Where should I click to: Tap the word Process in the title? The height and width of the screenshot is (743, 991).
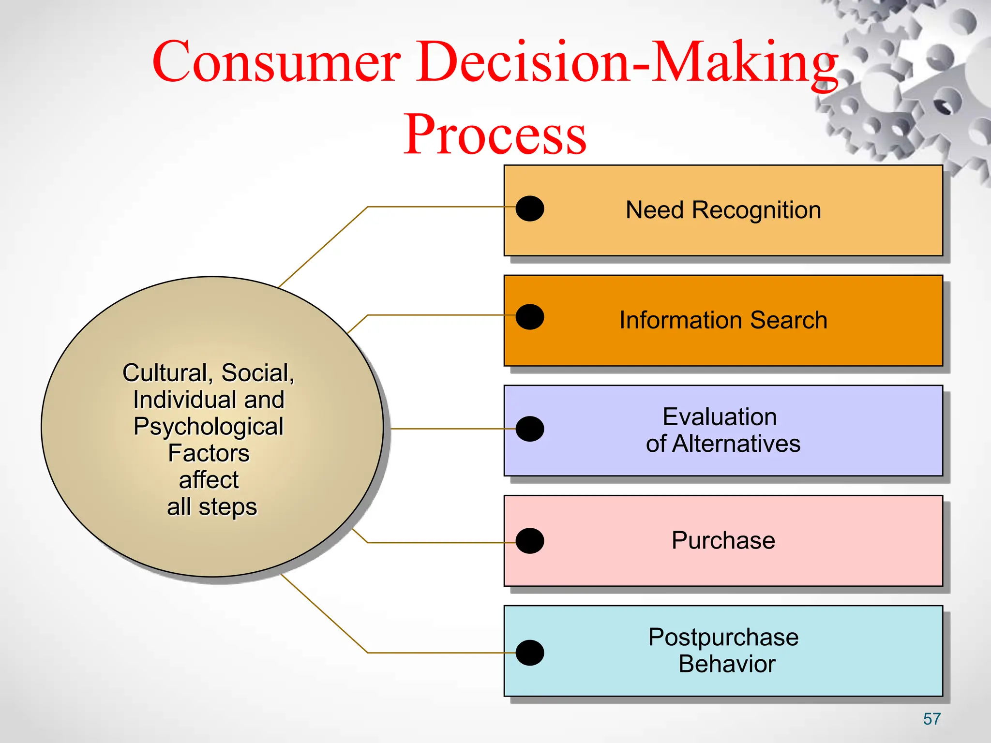[x=495, y=135]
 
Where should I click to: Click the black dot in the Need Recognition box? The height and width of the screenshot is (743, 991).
[x=530, y=208]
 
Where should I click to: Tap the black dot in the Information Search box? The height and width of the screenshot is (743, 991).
[x=530, y=317]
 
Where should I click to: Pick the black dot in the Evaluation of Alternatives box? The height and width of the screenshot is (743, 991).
[x=530, y=429]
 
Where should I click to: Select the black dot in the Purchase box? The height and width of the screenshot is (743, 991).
[x=530, y=540]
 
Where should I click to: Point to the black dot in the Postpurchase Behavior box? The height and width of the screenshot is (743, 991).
[x=530, y=653]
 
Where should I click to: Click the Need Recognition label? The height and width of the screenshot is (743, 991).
[x=723, y=210]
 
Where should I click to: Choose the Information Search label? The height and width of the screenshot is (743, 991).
[x=723, y=320]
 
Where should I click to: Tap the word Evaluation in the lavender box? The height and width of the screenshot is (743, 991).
[x=720, y=417]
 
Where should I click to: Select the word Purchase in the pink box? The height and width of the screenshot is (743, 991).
[x=723, y=540]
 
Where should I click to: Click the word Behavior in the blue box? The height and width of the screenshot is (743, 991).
[x=726, y=664]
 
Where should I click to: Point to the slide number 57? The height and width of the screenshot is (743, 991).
[x=931, y=719]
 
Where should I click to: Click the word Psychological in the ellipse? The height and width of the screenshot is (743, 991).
[x=209, y=427]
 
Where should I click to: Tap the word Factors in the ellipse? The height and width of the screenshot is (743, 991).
[x=209, y=453]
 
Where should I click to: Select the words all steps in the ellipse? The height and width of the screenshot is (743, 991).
[x=212, y=507]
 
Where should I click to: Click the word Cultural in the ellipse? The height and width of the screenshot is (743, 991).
[x=165, y=373]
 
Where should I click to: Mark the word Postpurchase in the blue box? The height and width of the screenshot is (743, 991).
[x=723, y=637]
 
